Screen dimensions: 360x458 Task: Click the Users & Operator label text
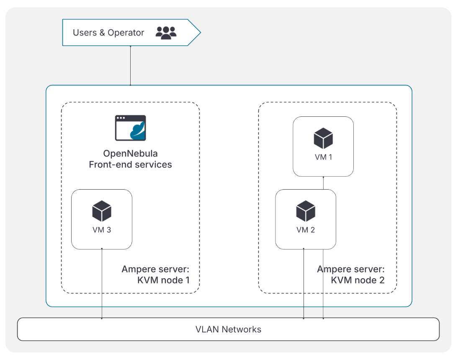point(108,33)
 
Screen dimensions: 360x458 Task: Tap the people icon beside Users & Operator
point(166,33)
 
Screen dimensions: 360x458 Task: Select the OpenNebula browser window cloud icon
point(131,128)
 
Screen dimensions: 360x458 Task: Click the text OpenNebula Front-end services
point(130,159)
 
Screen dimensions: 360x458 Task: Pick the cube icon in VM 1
point(323,138)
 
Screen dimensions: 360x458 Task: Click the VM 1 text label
point(323,157)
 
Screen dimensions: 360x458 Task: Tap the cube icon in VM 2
point(306,211)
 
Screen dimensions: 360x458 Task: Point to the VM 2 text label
point(306,230)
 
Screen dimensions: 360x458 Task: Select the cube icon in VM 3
point(102,211)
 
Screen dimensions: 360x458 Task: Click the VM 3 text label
point(102,230)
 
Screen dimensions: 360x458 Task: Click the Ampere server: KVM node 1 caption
point(155,275)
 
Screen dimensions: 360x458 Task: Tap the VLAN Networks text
point(228,329)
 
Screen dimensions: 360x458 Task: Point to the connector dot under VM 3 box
point(102,249)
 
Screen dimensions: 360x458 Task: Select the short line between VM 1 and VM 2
point(323,183)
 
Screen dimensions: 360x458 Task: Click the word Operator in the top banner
point(126,33)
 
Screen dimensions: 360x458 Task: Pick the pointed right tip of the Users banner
point(200,32)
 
